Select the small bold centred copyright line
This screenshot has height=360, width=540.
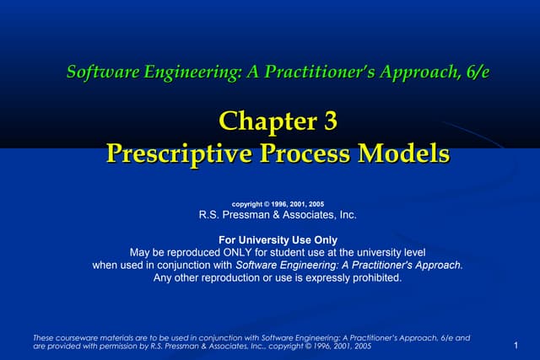click(x=278, y=203)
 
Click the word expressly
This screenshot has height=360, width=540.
click(x=323, y=277)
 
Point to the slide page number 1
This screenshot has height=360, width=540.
click(x=514, y=346)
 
